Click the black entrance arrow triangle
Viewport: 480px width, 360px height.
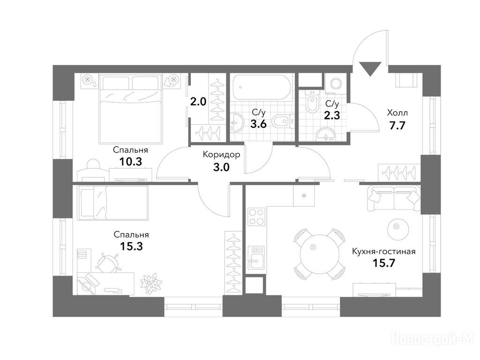coord(370,68)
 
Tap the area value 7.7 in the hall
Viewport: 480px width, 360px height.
coord(397,126)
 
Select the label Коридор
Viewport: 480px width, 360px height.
coord(221,155)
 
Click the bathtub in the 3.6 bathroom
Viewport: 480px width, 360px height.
coord(260,88)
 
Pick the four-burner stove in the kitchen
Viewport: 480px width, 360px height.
coord(256,217)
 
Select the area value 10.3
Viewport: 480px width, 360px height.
coord(130,162)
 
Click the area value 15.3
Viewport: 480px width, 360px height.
coord(131,246)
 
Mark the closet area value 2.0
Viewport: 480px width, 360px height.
coord(198,102)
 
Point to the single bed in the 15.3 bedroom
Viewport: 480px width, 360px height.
coord(113,202)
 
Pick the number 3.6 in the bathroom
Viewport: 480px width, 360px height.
coord(259,124)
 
